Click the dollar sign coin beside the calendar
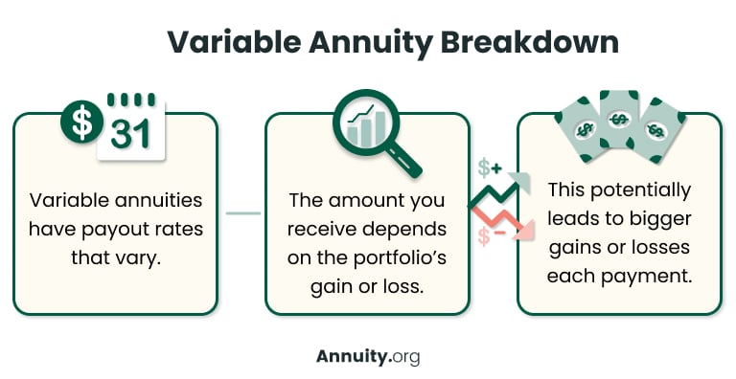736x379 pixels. (83, 121)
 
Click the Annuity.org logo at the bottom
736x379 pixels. (368, 356)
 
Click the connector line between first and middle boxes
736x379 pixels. (242, 213)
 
